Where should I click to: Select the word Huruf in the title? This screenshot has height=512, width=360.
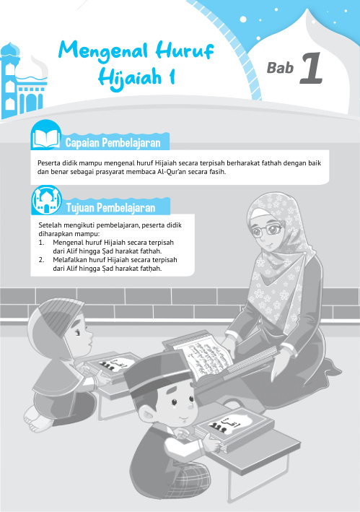pyautogui.click(x=180, y=50)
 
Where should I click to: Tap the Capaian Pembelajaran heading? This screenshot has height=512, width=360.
pyautogui.click(x=116, y=140)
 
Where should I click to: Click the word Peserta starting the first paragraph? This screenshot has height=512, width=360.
pyautogui.click(x=50, y=163)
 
